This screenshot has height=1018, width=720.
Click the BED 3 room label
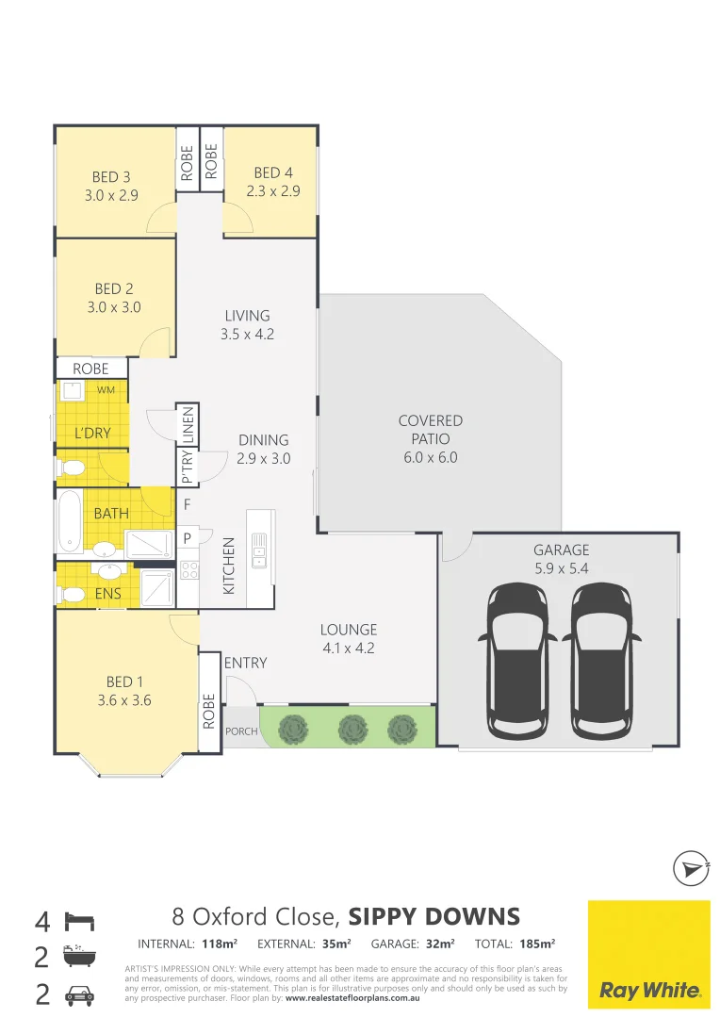tap(105, 176)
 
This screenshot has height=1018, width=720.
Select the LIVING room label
tap(247, 316)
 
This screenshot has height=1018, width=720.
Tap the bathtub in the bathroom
tap(69, 521)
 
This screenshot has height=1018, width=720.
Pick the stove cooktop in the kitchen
tap(188, 569)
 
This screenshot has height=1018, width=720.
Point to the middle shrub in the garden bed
tap(352, 728)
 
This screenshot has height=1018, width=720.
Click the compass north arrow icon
tap(691, 868)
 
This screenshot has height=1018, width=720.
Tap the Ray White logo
tap(649, 953)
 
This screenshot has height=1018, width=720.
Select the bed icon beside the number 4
tap(77, 920)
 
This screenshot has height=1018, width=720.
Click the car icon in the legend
tap(77, 993)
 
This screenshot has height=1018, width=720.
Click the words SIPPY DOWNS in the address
tap(434, 916)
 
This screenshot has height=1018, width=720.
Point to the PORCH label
tap(241, 731)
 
